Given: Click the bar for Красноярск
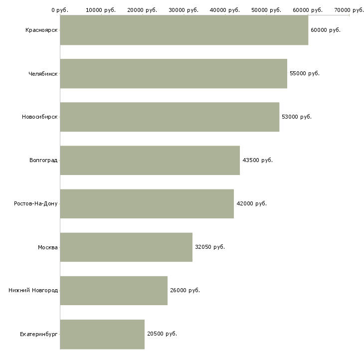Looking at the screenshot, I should tap(184, 30).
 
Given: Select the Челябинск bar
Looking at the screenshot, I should tap(174, 73).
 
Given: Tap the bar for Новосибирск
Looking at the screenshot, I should tap(170, 117).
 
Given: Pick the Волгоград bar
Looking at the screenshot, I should tap(150, 160).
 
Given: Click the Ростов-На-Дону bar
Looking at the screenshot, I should tap(147, 203).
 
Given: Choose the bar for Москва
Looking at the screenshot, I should tap(126, 247).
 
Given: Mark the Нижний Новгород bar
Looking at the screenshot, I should tap(114, 290).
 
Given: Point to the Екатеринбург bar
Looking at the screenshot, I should tap(102, 334).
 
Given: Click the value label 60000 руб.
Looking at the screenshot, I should tap(325, 30).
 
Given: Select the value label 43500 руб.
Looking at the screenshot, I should tap(257, 160).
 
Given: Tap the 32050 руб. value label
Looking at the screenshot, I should tap(209, 247).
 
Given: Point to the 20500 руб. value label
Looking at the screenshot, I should tap(162, 334).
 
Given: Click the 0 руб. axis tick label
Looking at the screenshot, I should tap(60, 10).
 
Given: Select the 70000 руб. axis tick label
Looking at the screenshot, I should tap(349, 10).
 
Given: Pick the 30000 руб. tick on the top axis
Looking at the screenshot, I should tap(184, 10).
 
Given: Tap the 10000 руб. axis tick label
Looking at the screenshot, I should tap(101, 10).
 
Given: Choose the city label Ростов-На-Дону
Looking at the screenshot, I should tap(36, 203).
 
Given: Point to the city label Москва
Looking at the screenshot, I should tap(48, 247).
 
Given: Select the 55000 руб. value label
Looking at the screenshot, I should tap(304, 73).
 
